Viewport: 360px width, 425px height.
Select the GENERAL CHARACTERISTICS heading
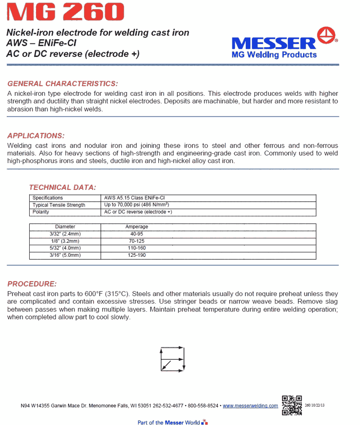(63, 83)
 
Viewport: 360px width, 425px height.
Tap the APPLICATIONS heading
(36, 136)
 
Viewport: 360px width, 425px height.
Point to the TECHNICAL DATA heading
(62, 187)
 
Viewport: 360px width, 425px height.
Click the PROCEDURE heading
(32, 284)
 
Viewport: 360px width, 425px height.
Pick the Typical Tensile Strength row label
(59, 205)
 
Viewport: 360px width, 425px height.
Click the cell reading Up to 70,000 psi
(136, 205)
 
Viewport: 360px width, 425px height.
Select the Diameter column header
(65, 227)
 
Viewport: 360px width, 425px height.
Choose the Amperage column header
(136, 227)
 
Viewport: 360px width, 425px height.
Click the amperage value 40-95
(136, 234)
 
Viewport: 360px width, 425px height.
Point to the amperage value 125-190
(136, 255)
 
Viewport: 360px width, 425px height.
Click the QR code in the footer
(292, 405)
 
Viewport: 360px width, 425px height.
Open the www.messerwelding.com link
(250, 406)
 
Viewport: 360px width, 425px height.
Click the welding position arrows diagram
(172, 358)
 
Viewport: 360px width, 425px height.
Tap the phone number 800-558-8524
(203, 406)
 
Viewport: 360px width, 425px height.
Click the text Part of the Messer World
(168, 422)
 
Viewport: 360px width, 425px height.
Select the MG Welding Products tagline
(274, 55)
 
